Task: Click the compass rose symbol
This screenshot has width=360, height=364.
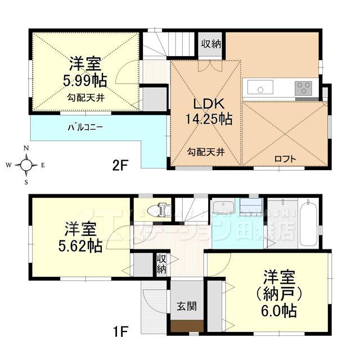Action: [x=26, y=165]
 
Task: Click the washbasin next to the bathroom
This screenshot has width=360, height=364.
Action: [x=224, y=206]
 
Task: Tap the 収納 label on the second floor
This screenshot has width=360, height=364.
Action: [x=211, y=43]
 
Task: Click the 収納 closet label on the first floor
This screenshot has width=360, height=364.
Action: [x=161, y=264]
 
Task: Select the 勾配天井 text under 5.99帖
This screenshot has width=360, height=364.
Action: [x=85, y=97]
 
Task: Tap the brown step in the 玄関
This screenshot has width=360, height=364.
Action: [x=187, y=326]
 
